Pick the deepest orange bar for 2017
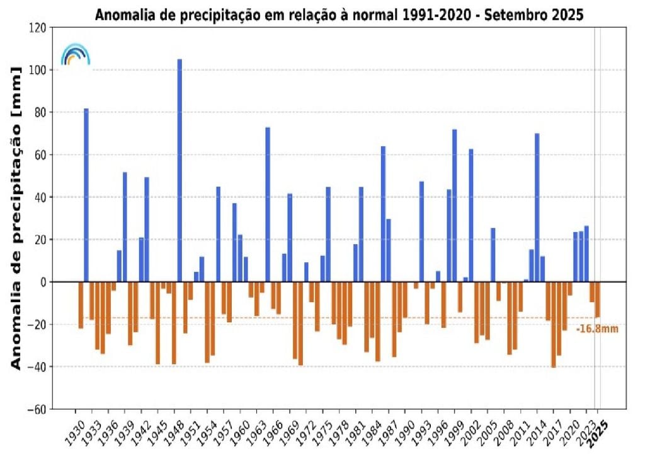[554, 324]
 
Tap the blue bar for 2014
[537, 207]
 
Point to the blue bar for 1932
[86, 195]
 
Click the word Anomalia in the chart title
[119, 15]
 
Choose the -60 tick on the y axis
[37, 409]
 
